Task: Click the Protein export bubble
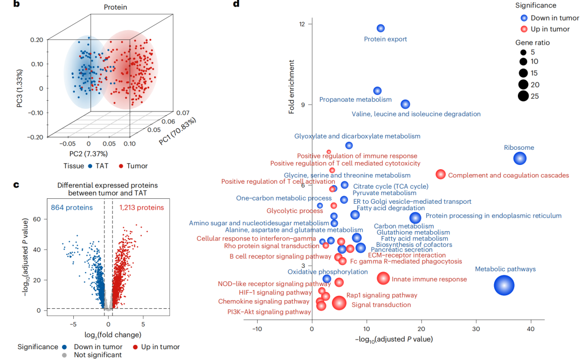[380, 28]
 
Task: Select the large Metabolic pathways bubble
[504, 286]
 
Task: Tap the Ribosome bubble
[519, 158]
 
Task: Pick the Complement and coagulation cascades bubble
[441, 174]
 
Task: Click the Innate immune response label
[429, 279]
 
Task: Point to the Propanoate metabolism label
[355, 100]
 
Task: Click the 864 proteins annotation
[72, 207]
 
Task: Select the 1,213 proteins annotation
[141, 207]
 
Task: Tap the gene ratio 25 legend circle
[523, 96]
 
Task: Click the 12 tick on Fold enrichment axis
[302, 24]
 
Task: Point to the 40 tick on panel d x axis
[531, 329]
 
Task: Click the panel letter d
[235, 4]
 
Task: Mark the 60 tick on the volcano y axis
[37, 219]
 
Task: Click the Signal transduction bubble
[339, 303]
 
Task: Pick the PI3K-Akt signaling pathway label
[269, 311]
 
